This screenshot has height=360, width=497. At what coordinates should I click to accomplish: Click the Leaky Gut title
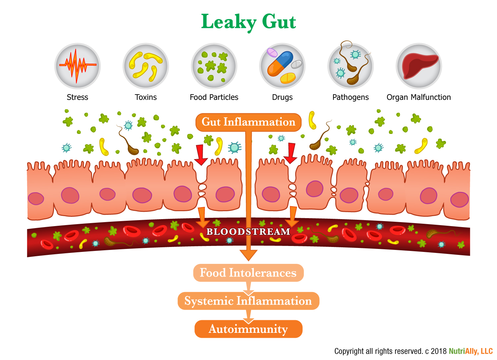(248, 22)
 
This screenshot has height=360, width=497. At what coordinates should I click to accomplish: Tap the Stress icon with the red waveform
(78, 66)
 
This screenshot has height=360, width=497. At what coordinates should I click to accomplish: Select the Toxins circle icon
(146, 66)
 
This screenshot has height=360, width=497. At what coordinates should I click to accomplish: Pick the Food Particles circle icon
(214, 66)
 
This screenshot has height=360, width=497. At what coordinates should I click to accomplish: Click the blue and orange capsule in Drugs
(280, 63)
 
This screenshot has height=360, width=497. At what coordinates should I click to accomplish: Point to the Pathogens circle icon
(351, 66)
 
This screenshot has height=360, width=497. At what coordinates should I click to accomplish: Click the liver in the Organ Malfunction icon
(419, 65)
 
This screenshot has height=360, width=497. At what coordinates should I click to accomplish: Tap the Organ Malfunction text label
(419, 97)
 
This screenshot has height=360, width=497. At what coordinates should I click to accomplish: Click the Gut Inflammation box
(248, 122)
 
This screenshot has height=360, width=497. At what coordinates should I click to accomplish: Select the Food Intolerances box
(248, 273)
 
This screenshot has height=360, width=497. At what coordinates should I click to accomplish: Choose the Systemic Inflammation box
(248, 301)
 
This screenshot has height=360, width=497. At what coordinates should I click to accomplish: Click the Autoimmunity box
(248, 329)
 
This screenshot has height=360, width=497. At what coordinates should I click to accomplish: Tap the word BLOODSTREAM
(248, 231)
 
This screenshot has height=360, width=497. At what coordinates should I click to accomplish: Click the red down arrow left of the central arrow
(200, 154)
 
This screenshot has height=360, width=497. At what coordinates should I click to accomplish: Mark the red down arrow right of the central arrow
(291, 153)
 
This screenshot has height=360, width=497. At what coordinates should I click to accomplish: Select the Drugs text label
(282, 97)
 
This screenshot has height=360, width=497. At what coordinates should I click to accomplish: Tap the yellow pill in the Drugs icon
(288, 78)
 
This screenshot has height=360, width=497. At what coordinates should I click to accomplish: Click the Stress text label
(78, 97)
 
